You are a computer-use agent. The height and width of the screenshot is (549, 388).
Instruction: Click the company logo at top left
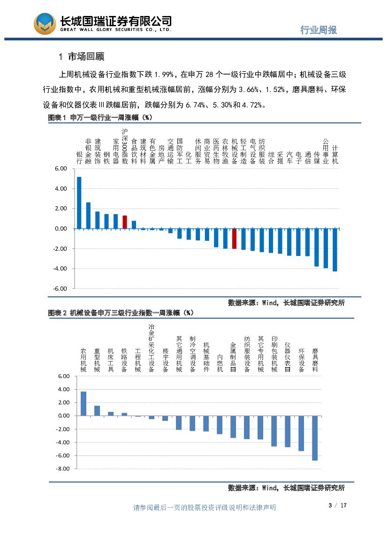tap(45, 23)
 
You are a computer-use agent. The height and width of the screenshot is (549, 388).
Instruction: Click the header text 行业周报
tap(319, 30)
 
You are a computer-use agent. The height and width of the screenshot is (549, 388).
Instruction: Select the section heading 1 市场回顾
tap(82, 57)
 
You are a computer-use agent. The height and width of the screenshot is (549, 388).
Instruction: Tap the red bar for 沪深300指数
tap(125, 222)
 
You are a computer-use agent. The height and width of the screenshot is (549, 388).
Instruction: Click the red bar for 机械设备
tap(235, 239)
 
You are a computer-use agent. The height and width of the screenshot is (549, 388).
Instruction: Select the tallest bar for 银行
tap(79, 203)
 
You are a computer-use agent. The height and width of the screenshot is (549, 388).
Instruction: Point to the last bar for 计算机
tap(335, 250)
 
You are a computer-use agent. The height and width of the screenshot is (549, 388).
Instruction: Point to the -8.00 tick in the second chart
tap(63, 469)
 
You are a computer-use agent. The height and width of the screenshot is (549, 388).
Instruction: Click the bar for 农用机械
tap(84, 403)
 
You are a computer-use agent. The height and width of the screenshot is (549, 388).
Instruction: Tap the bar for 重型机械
tap(97, 410)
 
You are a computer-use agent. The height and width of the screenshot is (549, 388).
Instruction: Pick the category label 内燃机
tap(220, 363)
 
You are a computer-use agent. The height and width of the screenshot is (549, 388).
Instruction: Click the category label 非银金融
tap(88, 151)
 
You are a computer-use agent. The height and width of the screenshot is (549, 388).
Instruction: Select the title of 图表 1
tap(100, 117)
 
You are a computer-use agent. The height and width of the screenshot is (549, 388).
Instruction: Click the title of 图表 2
tap(120, 313)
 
